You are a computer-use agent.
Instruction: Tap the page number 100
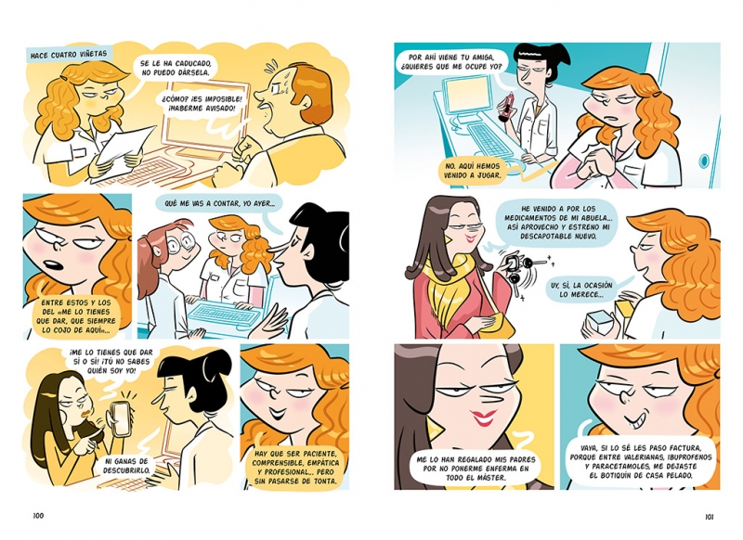[38, 515]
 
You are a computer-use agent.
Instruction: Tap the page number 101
[709, 516]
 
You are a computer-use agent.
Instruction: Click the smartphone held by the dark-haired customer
[122, 419]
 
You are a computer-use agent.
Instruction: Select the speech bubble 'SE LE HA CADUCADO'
[176, 67]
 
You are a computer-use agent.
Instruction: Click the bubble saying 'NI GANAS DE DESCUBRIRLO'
[127, 465]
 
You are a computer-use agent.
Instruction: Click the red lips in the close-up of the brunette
[483, 418]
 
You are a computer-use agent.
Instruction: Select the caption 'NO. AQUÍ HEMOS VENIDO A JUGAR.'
[472, 171]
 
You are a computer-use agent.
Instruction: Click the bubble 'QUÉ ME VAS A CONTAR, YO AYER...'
[219, 203]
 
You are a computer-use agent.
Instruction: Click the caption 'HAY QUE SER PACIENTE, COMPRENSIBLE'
[295, 467]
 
